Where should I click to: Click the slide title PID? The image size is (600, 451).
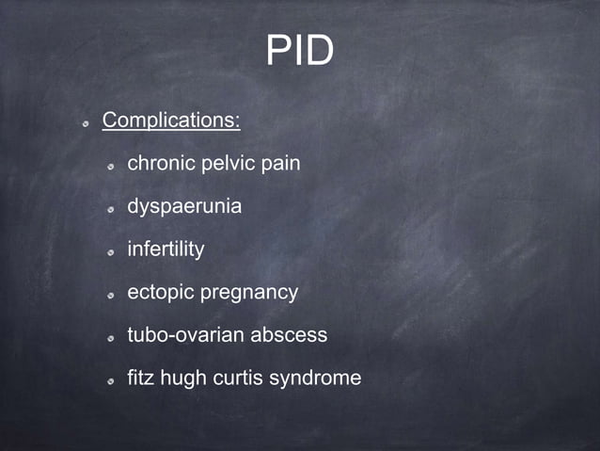tap(299, 52)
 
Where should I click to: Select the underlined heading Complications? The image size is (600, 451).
tap(171, 121)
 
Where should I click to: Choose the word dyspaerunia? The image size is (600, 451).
tap(184, 206)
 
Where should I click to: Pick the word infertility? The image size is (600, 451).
tap(166, 250)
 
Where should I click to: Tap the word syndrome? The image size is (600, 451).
tap(315, 379)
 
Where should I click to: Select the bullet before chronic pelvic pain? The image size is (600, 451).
tap(110, 166)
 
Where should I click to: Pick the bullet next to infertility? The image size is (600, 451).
tap(110, 252)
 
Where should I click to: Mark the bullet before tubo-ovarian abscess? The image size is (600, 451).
tap(110, 338)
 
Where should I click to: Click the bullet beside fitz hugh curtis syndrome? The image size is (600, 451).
tap(110, 381)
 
